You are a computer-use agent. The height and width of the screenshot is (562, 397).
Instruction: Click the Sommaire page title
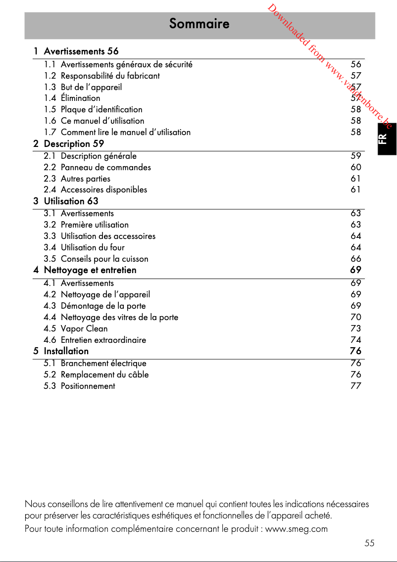(x=199, y=24)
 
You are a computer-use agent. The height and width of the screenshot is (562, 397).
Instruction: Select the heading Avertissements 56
(x=81, y=51)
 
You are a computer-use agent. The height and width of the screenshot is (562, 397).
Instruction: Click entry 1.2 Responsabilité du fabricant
(x=110, y=76)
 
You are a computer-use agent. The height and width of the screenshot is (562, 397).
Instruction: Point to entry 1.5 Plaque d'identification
(x=101, y=109)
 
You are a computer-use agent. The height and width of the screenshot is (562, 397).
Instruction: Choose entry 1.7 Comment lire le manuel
(x=125, y=132)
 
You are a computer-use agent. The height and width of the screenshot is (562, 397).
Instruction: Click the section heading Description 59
(x=74, y=144)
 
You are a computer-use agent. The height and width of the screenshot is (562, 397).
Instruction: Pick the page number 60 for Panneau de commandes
(x=355, y=167)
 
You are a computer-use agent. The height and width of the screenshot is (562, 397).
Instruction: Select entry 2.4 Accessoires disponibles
(x=103, y=189)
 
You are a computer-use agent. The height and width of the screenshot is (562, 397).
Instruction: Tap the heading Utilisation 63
(x=71, y=201)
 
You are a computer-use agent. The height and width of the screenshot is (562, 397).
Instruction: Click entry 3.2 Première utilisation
(x=95, y=225)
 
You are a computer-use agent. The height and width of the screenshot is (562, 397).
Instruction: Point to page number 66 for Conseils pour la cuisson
(x=355, y=259)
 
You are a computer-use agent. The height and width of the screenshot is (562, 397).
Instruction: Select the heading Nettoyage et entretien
(x=90, y=270)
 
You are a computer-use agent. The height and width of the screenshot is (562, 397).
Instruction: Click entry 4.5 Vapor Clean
(x=84, y=328)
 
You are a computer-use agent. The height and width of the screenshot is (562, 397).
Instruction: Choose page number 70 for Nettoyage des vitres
(x=355, y=317)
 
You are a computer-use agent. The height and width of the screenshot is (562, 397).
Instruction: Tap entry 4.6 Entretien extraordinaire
(x=103, y=340)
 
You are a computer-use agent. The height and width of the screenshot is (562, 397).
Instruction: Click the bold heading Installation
(x=66, y=351)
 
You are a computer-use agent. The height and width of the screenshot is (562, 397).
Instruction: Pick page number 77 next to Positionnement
(x=355, y=386)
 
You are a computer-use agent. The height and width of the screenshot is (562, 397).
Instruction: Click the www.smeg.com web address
(x=297, y=529)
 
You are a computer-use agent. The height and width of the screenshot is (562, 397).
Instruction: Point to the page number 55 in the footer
(x=369, y=543)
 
